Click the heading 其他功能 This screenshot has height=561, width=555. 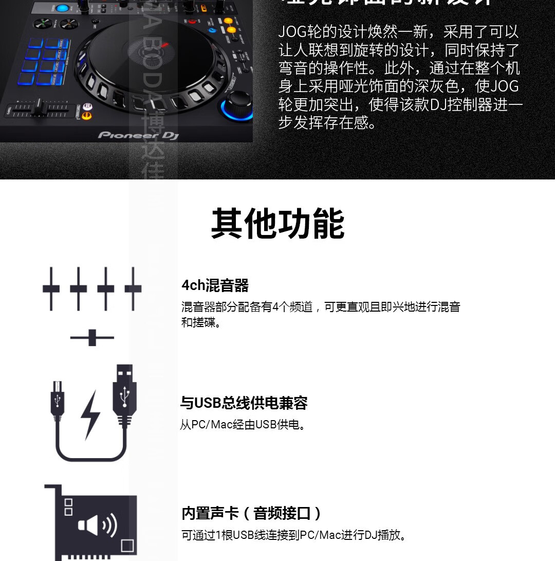[277, 224]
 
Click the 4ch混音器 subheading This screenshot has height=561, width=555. [215, 285]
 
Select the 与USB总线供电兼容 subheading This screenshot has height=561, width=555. [244, 403]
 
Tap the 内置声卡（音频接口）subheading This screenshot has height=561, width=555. [252, 513]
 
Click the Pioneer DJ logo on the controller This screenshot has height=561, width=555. [138, 135]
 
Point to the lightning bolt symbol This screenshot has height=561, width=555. [91, 414]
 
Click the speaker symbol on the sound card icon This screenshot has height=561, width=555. [97, 525]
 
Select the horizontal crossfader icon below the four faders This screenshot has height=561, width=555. [92, 338]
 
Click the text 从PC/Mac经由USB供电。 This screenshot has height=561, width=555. [244, 425]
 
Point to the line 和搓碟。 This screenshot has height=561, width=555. [201, 323]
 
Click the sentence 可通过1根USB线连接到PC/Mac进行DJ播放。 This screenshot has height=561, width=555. [295, 535]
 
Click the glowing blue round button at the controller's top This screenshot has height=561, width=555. [63, 8]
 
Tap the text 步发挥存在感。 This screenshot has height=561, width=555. [328, 123]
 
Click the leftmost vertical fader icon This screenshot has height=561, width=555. [51, 288]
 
